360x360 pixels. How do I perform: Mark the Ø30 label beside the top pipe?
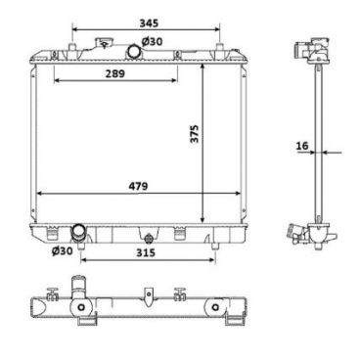tap(152, 41)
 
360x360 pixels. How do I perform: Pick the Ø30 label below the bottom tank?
tap(62, 251)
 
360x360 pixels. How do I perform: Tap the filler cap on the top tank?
tap(102, 45)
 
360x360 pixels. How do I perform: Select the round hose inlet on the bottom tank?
tap(79, 233)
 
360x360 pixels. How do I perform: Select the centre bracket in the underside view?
tap(146, 295)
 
